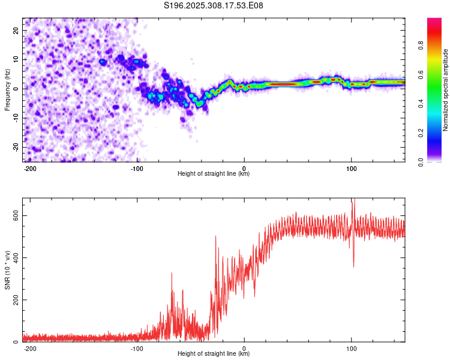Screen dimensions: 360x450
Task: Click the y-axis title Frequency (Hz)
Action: click(x=7, y=90)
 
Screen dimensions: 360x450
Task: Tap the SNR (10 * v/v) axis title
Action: click(x=7, y=270)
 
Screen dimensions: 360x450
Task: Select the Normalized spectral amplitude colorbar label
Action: click(x=446, y=90)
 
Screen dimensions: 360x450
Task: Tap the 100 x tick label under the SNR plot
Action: click(x=351, y=348)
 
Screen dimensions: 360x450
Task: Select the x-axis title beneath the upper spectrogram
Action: click(x=214, y=174)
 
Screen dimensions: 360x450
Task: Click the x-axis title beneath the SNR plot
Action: click(x=214, y=354)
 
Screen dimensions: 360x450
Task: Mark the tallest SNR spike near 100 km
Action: click(x=353, y=200)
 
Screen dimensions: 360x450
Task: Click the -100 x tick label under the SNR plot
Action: click(x=137, y=348)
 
